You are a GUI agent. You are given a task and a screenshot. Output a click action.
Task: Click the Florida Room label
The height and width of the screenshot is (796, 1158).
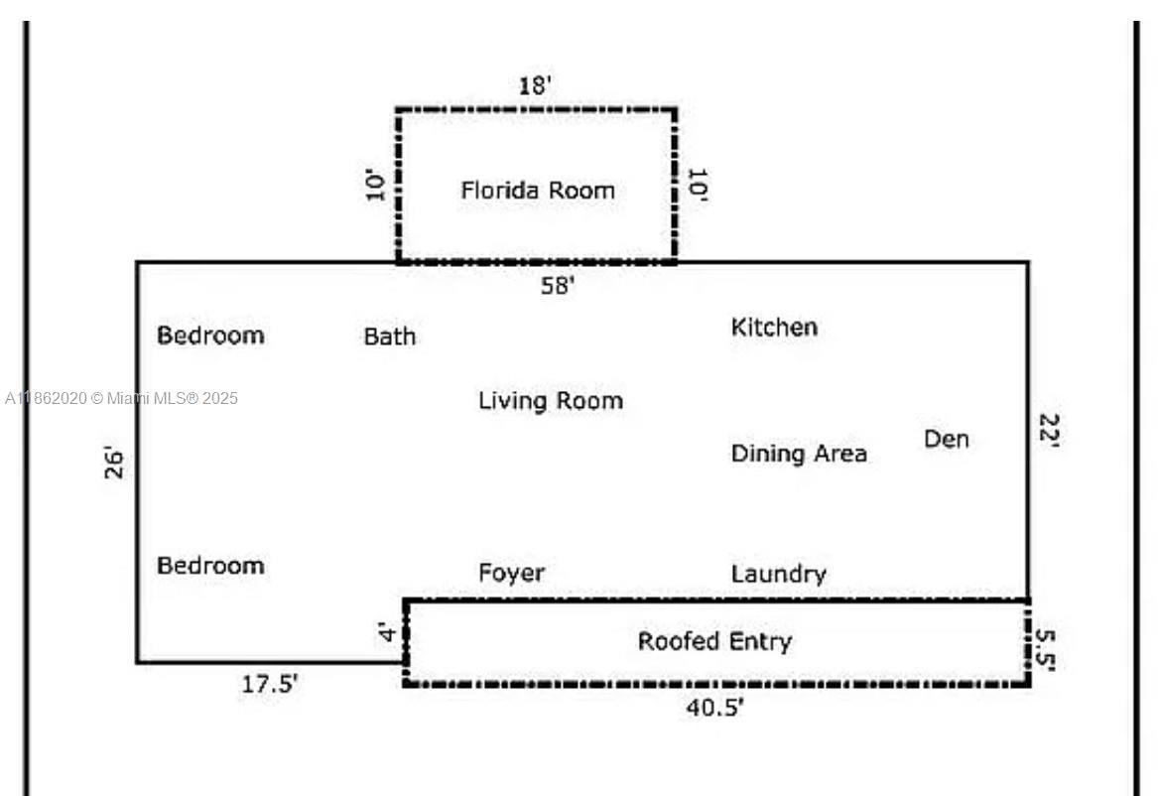pyautogui.click(x=537, y=190)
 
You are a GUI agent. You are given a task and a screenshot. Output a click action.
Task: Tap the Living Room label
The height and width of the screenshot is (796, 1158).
pyautogui.click(x=551, y=401)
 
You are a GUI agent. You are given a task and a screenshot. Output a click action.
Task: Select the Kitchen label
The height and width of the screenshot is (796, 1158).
pyautogui.click(x=774, y=327)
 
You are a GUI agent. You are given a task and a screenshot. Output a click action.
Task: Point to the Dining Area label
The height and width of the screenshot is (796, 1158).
pyautogui.click(x=799, y=454)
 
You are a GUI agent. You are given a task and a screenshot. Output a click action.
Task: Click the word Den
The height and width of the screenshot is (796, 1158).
pyautogui.click(x=946, y=439)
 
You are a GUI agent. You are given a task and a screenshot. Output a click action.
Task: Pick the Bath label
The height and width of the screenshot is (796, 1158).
pyautogui.click(x=389, y=336)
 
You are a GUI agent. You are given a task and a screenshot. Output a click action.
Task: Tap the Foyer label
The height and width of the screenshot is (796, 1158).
pyautogui.click(x=511, y=573)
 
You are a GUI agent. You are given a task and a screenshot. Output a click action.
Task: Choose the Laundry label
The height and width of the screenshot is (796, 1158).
pyautogui.click(x=778, y=574)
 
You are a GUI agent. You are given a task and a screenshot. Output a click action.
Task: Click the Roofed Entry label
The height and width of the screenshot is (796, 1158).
pyautogui.click(x=714, y=641)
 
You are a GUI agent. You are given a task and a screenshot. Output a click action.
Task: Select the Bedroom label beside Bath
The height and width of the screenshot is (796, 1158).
pyautogui.click(x=210, y=334)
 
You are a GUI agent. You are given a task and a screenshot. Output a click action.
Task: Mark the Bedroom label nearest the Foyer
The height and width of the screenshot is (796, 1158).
pyautogui.click(x=210, y=565)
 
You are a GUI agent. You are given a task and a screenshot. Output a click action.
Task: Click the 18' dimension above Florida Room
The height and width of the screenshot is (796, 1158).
pyautogui.click(x=535, y=85)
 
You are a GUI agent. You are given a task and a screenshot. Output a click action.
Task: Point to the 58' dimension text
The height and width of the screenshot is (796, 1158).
pyautogui.click(x=558, y=286)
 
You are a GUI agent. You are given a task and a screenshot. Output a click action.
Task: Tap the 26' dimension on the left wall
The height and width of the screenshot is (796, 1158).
pyautogui.click(x=115, y=464)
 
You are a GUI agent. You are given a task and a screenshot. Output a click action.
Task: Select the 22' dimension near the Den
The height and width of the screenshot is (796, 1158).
pyautogui.click(x=1049, y=432)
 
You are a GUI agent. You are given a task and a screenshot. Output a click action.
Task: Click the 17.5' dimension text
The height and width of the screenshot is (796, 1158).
pyautogui.click(x=269, y=685)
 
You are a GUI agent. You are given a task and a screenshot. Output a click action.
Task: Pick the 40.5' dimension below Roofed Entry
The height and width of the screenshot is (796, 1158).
pyautogui.click(x=714, y=707)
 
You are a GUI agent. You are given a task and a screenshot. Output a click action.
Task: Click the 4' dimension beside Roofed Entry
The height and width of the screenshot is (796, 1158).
pyautogui.click(x=389, y=632)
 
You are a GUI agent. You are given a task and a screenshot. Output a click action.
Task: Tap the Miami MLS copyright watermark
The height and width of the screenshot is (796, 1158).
pyautogui.click(x=121, y=399)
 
